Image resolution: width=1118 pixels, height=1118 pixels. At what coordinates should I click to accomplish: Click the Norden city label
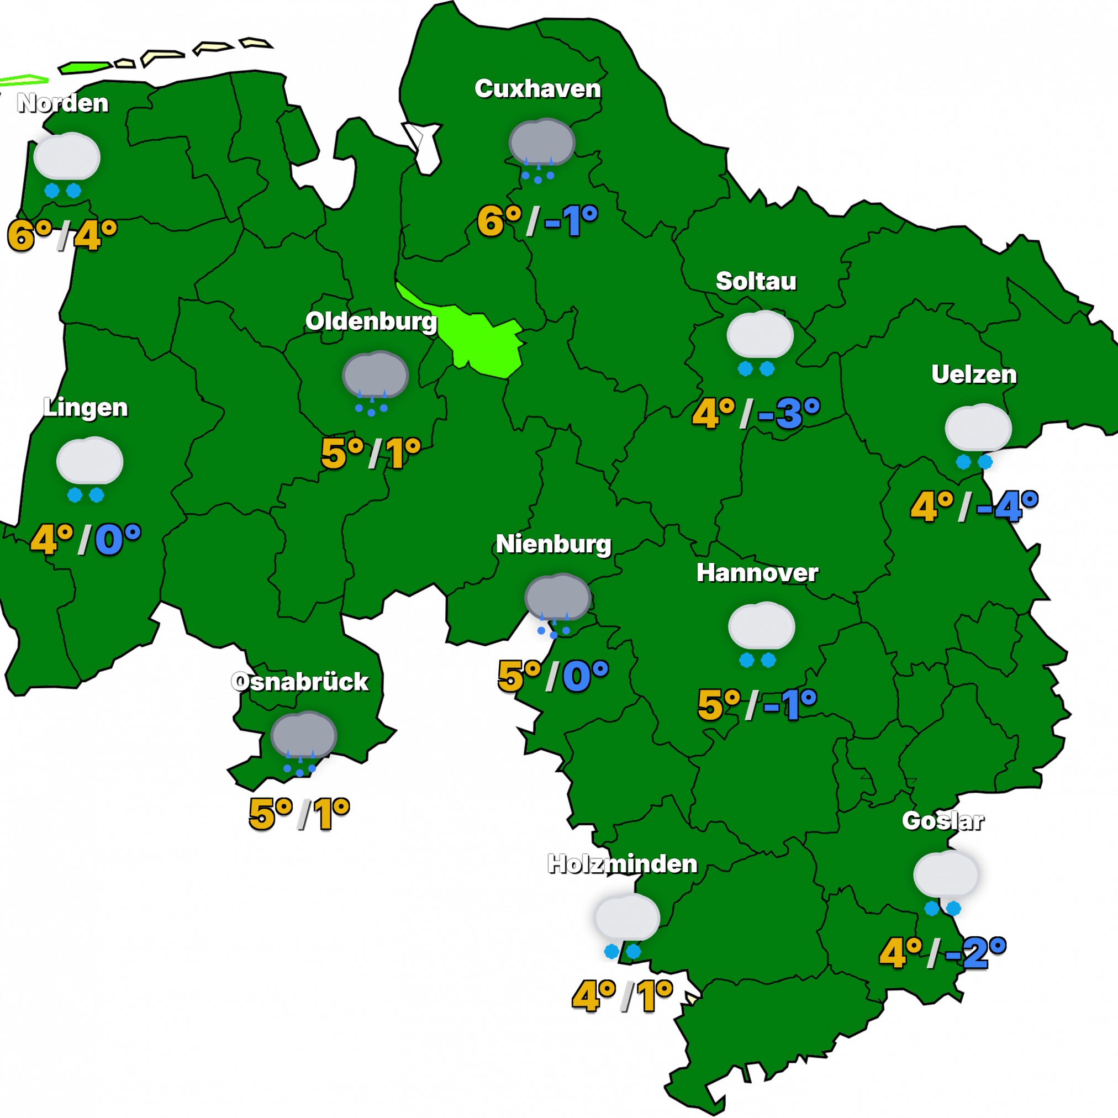tap(62, 103)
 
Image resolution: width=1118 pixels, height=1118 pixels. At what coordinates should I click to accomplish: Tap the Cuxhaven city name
tap(537, 88)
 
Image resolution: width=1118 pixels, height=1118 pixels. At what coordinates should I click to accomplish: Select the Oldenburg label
tap(371, 321)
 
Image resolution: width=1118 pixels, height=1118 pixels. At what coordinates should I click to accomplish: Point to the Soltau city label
tap(756, 281)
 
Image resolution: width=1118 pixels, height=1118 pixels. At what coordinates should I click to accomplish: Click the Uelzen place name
tap(974, 375)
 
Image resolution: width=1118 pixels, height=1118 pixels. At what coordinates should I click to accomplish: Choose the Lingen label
tap(85, 408)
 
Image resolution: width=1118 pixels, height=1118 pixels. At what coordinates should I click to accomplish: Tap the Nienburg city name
tap(553, 544)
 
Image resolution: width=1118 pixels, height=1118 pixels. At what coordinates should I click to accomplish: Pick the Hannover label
tap(757, 573)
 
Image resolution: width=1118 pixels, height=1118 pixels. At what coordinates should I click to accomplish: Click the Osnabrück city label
tap(299, 682)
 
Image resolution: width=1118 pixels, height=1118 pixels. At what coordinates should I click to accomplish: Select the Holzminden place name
tap(622, 863)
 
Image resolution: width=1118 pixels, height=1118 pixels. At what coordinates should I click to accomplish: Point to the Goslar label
tap(942, 821)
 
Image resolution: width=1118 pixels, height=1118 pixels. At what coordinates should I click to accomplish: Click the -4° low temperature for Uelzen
tap(1006, 507)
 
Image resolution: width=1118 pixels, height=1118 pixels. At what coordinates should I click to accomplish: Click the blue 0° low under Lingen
tap(118, 539)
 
